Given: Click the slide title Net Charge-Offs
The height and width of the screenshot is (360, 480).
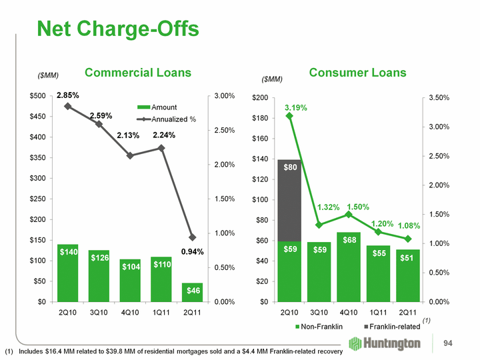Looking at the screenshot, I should [x=118, y=29].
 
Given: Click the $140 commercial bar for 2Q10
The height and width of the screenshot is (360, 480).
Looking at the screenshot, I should [x=68, y=273].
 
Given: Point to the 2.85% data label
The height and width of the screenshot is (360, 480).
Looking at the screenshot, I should [x=67, y=97].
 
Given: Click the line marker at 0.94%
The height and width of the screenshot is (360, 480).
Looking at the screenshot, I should [x=193, y=237].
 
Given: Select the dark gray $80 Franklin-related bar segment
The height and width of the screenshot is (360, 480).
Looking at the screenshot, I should [x=290, y=200].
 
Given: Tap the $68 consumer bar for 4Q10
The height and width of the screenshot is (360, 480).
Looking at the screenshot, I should [x=349, y=267].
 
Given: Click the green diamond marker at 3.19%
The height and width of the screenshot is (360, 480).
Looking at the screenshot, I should [x=289, y=116].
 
